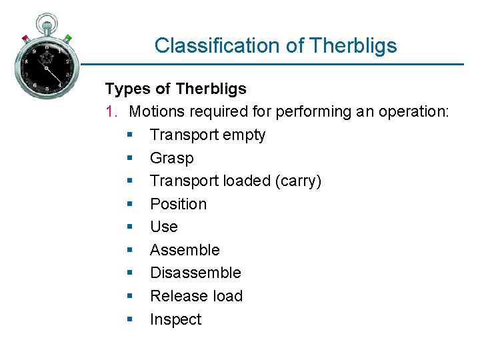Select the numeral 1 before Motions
click(111, 111)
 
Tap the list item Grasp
click(171, 158)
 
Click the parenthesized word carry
click(301, 181)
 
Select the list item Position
click(178, 204)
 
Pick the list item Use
click(163, 227)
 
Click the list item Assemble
click(185, 250)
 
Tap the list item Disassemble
click(195, 273)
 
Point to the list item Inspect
click(175, 319)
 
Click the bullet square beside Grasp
click(130, 159)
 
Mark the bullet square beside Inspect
click(130, 320)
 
